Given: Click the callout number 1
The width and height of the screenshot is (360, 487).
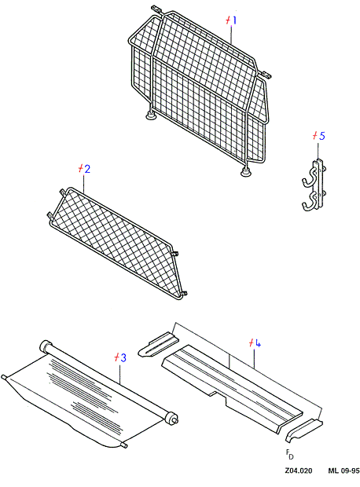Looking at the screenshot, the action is pyautogui.click(x=234, y=20).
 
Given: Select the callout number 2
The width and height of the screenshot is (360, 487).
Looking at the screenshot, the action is pyautogui.click(x=86, y=169).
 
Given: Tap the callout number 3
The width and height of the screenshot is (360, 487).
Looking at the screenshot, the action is pyautogui.click(x=123, y=358).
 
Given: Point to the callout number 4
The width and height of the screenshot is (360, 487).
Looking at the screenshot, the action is pyautogui.click(x=258, y=343).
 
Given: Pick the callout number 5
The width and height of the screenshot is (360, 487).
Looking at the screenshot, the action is pyautogui.click(x=321, y=136).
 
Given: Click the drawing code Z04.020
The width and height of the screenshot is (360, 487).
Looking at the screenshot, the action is pyautogui.click(x=299, y=471).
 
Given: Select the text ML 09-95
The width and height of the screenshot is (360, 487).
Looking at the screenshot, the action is pyautogui.click(x=343, y=471).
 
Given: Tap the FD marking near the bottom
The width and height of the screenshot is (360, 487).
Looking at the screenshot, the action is pyautogui.click(x=289, y=454).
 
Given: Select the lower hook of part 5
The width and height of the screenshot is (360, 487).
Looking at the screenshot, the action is pyautogui.click(x=310, y=203).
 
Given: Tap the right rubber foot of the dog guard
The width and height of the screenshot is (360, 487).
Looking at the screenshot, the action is pyautogui.click(x=247, y=172).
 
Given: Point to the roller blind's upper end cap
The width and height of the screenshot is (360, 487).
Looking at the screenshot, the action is pyautogui.click(x=46, y=346).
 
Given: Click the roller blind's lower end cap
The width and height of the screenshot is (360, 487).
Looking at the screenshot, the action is pyautogui.click(x=172, y=418).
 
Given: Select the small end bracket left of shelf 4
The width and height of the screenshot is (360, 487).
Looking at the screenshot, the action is pyautogui.click(x=158, y=345).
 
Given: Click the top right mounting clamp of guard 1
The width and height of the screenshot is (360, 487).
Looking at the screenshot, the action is pyautogui.click(x=265, y=75).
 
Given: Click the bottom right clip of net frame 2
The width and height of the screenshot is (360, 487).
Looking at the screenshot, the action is pyautogui.click(x=184, y=293).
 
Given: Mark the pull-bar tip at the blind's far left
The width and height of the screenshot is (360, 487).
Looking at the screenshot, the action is pyautogui.click(x=4, y=377).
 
